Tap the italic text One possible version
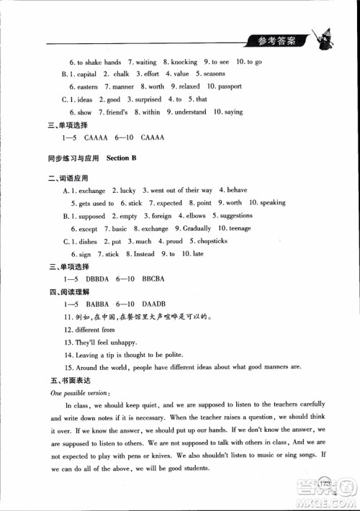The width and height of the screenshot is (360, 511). pos(78,392)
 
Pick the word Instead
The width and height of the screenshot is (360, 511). pos(145,254)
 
